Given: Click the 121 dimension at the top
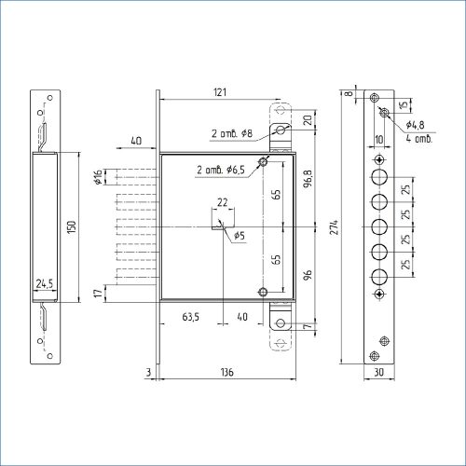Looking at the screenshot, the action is tap(220, 92).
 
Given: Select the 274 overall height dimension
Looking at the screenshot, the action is tap(334, 227).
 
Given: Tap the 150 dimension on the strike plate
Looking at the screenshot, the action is tap(72, 227).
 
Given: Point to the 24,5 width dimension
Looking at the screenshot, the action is tap(45, 283).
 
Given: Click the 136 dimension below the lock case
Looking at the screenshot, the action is tap(227, 372).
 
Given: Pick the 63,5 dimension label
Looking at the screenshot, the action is tap(191, 317).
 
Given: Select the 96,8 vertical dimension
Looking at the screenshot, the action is tap(308, 179).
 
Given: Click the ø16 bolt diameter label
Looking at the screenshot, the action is tap(98, 177).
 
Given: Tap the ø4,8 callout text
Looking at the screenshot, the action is tap(415, 125).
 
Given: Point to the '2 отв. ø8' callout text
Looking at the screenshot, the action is tap(232, 133).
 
